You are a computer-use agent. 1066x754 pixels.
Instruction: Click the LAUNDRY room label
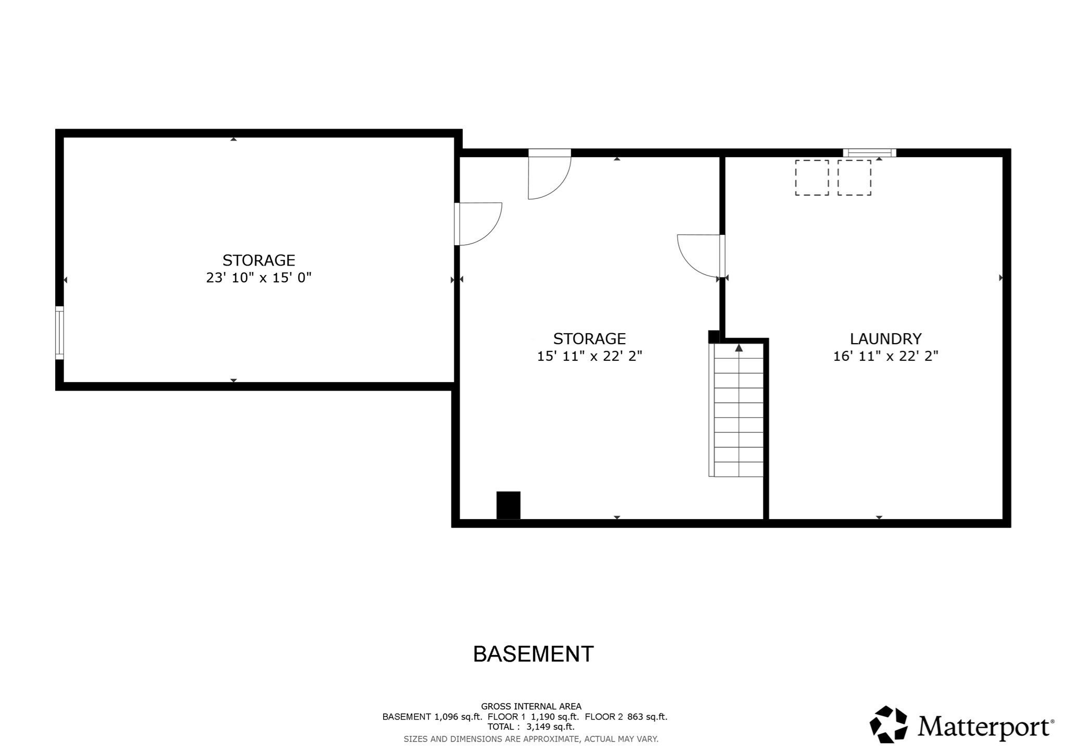coord(885,339)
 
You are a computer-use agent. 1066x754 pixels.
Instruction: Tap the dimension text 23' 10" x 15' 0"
coord(259,278)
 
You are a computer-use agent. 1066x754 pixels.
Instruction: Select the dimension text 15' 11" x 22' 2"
coord(589,356)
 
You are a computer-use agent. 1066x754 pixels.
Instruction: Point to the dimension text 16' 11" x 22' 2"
coord(885,356)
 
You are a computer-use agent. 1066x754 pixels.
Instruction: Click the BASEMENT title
coord(533,654)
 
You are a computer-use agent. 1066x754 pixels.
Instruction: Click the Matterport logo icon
coord(889,724)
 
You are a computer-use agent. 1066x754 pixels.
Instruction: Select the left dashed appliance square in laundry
coord(811,178)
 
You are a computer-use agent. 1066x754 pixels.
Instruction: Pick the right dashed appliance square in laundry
coord(854,178)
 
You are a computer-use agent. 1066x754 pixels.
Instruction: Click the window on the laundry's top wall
coord(869,153)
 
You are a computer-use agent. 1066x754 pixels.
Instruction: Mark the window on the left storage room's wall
coord(60,333)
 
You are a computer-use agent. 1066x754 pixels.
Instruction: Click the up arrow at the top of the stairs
coord(739,348)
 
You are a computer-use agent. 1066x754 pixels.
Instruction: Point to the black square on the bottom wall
coord(508,505)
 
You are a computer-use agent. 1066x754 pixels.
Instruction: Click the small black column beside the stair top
coord(714,337)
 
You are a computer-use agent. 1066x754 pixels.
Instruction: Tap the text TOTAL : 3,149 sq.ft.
coord(530,726)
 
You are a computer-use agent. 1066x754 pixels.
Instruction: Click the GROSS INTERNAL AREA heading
coord(530,706)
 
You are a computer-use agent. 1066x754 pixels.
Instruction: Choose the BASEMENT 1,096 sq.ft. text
coord(432,717)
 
